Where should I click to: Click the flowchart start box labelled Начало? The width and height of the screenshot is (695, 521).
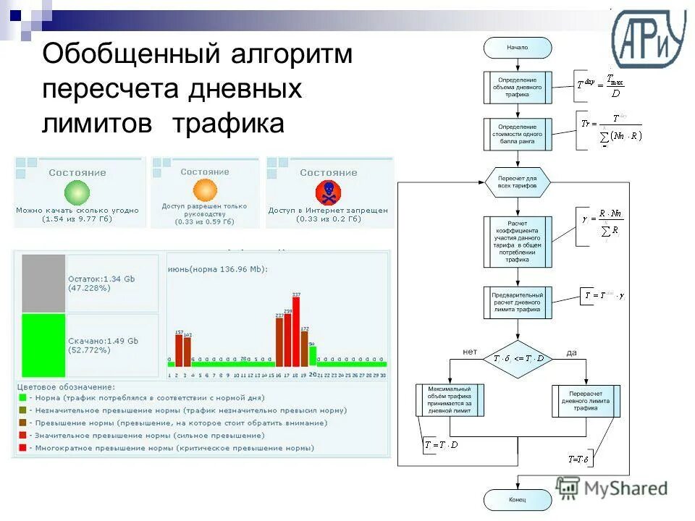518,48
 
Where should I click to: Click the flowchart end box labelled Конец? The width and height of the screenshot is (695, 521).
518,499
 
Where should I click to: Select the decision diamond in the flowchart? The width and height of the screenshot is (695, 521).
518,358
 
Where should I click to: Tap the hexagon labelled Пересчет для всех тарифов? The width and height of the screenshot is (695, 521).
518,182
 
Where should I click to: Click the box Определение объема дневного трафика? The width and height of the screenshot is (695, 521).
518,87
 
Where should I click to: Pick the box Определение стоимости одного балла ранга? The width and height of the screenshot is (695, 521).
518,134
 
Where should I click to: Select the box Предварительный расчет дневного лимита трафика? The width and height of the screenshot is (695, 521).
518,302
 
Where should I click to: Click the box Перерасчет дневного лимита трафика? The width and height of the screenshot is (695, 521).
586,401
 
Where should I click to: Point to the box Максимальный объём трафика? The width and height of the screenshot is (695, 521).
450,401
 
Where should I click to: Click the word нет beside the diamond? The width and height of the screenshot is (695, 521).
470,352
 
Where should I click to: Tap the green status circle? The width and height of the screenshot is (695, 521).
77,192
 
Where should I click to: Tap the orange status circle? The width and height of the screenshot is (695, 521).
205,190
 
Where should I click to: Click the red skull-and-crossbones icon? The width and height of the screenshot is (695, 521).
328,192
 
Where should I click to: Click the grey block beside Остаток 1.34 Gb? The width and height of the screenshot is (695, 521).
43,283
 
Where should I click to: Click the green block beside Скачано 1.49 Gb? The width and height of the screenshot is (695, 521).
43,344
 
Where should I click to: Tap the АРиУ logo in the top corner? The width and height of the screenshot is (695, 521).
648,40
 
